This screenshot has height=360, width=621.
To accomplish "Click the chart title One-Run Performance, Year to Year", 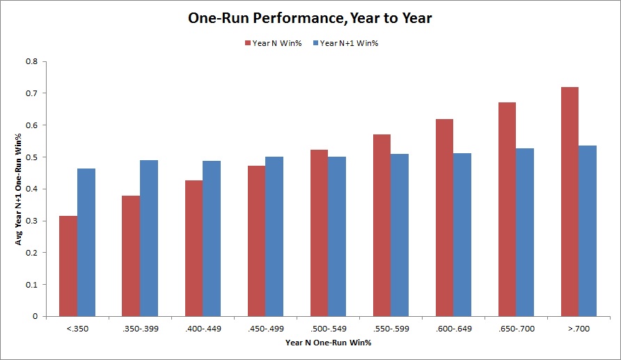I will click(310, 19).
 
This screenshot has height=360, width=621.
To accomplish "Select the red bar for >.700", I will click(569, 202).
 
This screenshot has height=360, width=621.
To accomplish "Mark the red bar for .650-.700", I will click(507, 210).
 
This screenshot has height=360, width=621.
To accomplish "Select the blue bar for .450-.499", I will click(274, 237).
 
